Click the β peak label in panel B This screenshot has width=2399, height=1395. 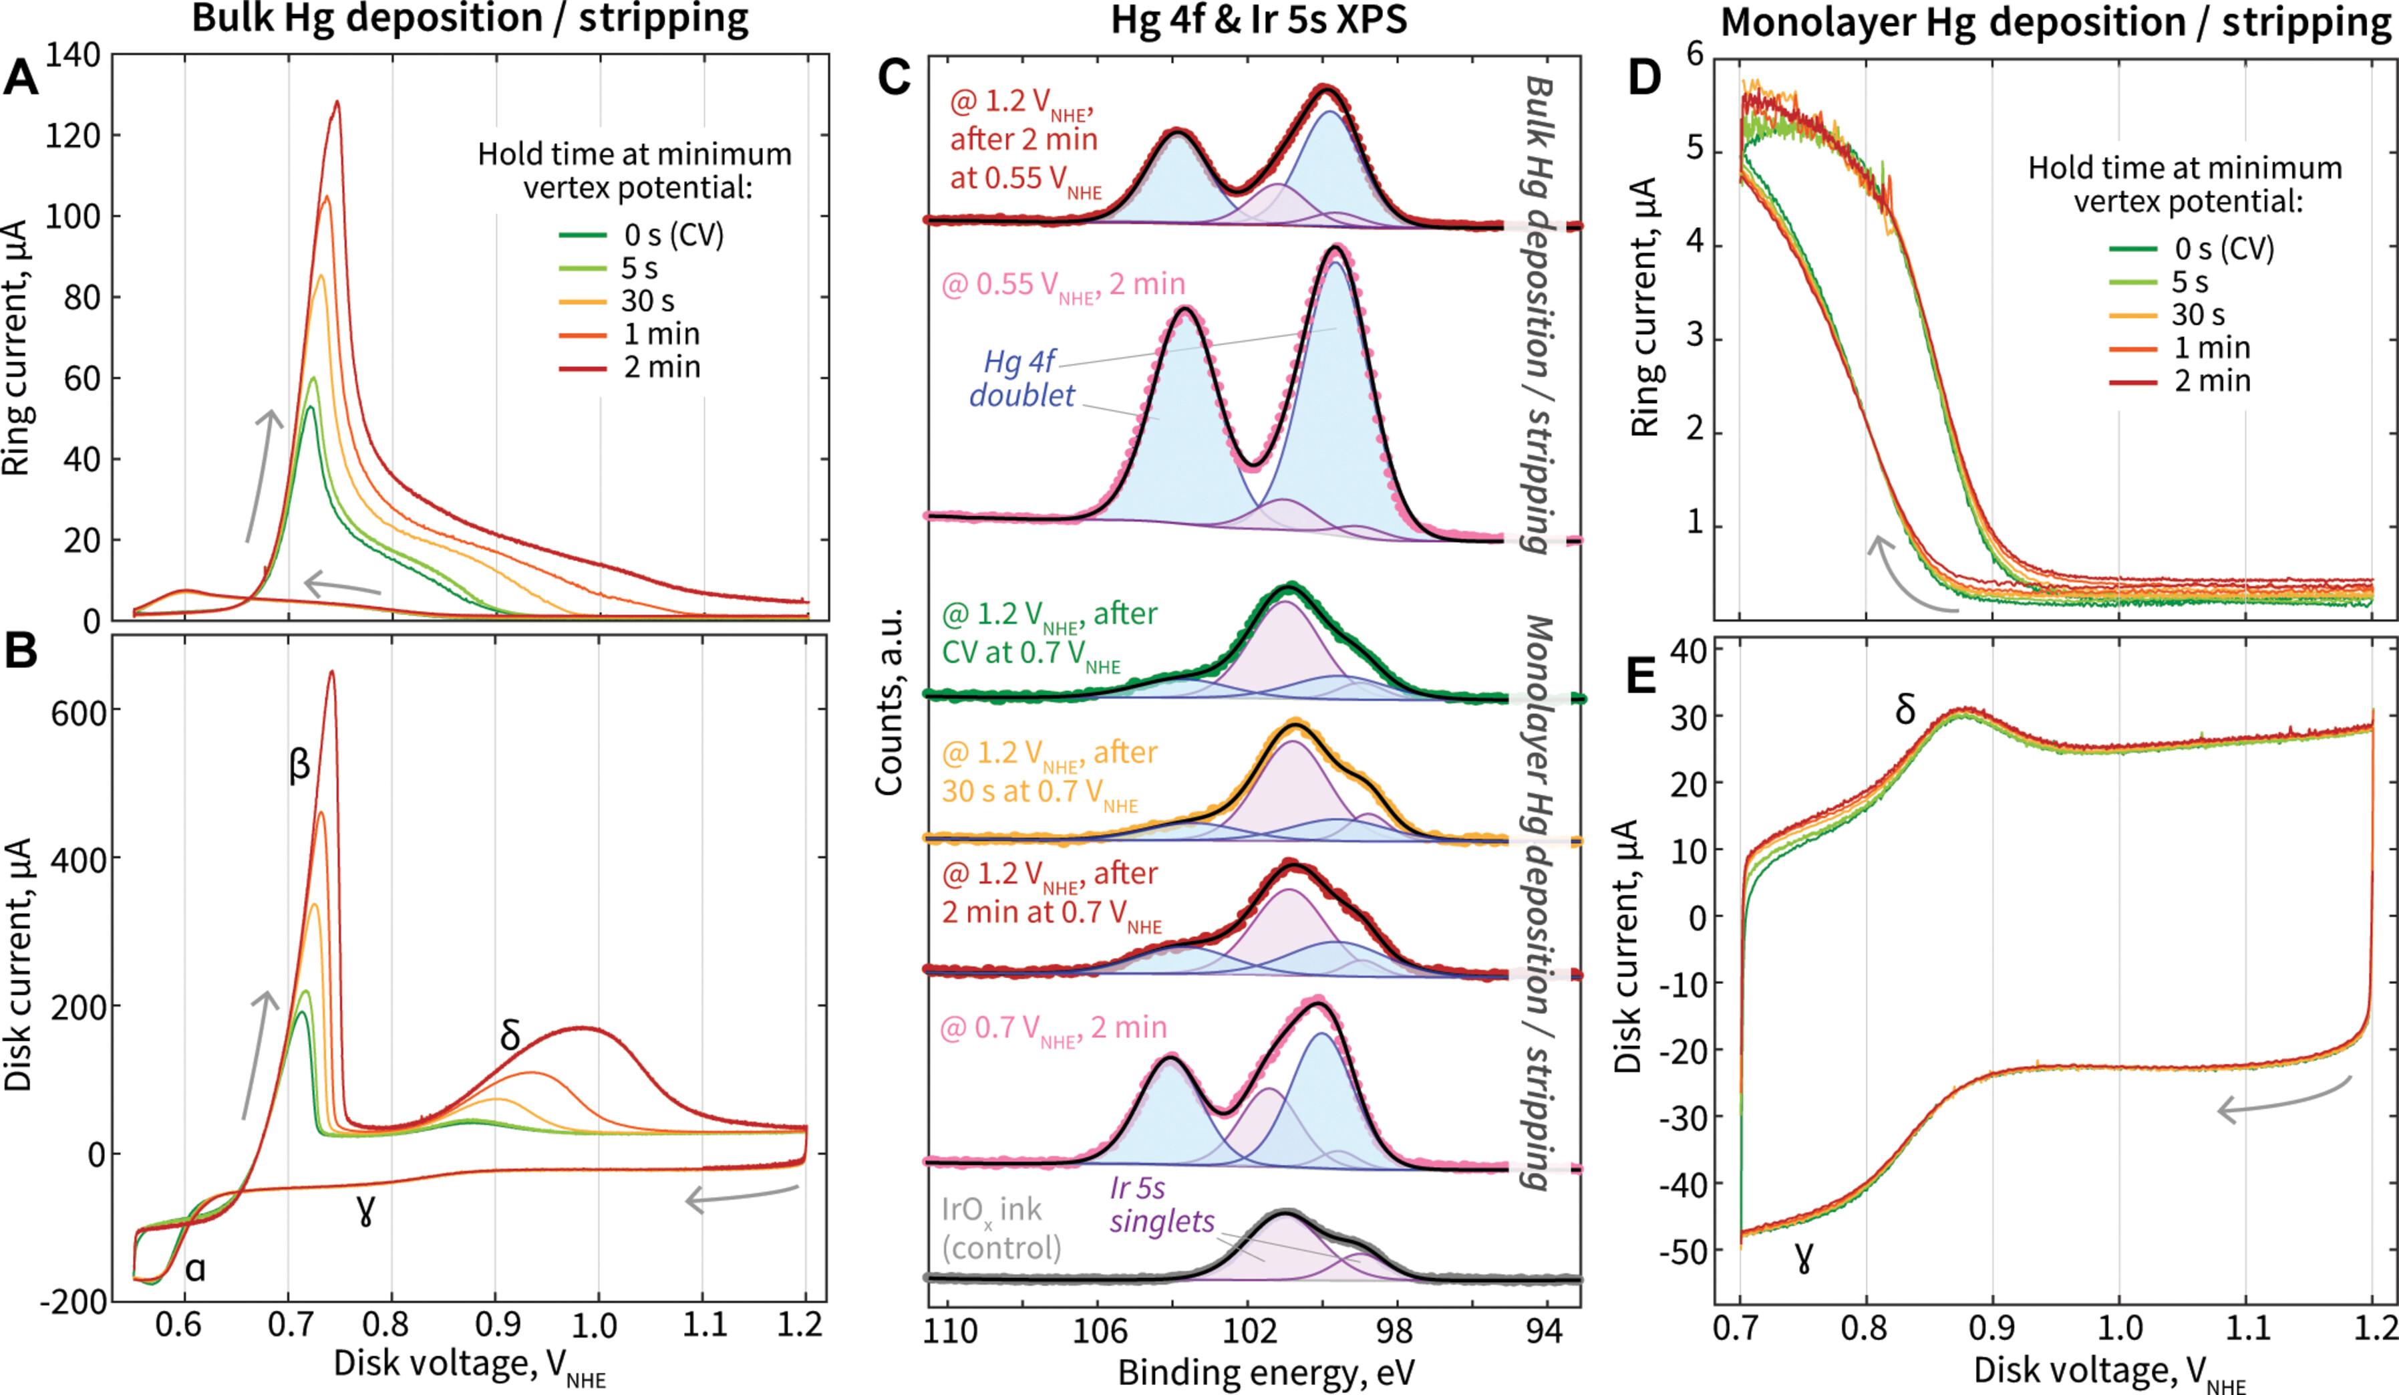[x=300, y=765]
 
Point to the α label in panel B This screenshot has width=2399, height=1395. [x=196, y=1269]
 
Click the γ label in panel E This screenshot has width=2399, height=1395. [x=1802, y=1259]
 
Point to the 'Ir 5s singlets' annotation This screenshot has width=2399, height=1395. [x=1162, y=1204]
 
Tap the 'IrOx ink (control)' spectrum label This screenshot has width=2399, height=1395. [x=1003, y=1229]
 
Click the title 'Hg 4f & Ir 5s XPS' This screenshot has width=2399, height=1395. [x=1259, y=21]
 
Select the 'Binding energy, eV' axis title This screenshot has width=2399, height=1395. [x=1266, y=1372]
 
